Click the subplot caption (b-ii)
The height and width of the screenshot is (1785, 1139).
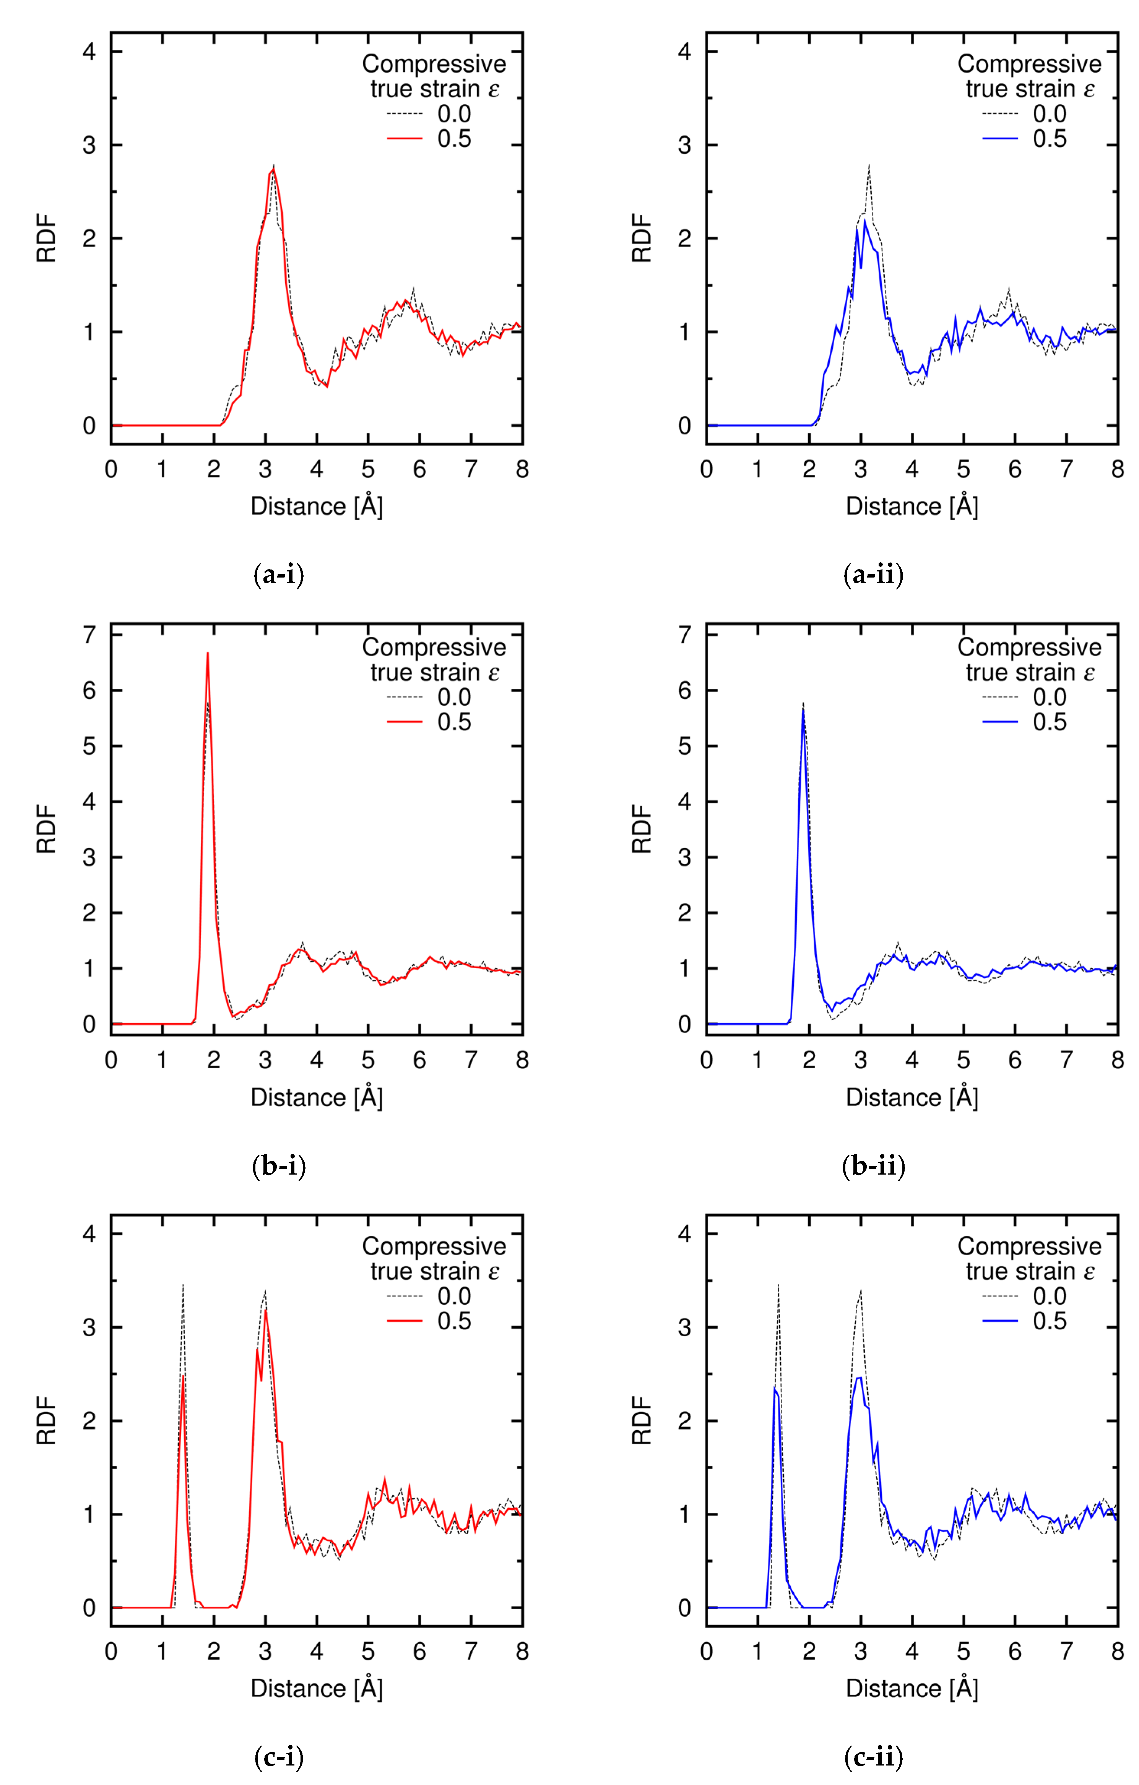pos(874,1166)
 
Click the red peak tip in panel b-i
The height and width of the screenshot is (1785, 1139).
pos(208,653)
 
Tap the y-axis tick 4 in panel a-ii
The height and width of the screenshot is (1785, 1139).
pos(684,52)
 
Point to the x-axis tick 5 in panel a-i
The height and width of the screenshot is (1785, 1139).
pos(368,469)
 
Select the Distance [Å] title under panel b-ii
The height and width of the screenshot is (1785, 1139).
pos(912,1098)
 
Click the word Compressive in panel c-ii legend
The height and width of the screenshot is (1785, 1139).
pos(1029,1246)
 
